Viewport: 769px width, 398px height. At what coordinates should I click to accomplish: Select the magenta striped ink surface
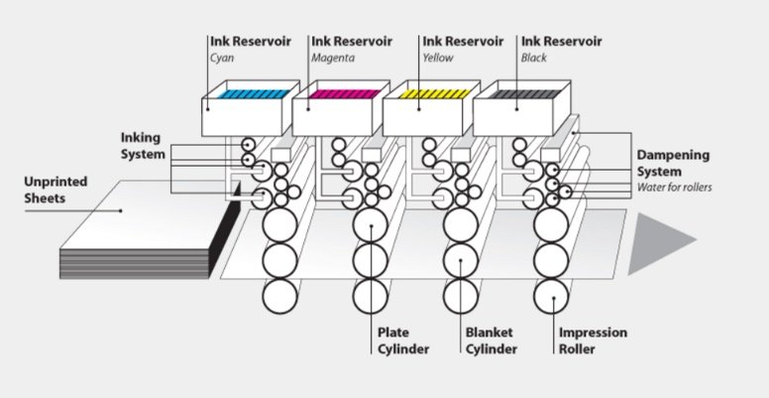tap(343, 93)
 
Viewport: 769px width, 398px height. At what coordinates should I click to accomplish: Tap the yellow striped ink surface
tap(433, 93)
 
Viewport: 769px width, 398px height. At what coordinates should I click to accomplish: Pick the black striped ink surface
tap(523, 93)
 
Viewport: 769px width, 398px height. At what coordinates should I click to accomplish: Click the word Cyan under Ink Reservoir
tap(221, 58)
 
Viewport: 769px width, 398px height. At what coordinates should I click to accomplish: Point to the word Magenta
tap(333, 58)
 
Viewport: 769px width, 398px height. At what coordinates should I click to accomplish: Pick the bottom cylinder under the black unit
tap(551, 295)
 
